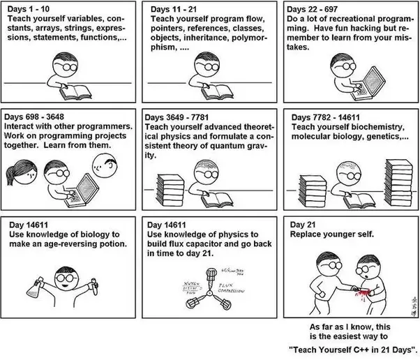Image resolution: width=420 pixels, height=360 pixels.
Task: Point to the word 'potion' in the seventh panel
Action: coord(109,244)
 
